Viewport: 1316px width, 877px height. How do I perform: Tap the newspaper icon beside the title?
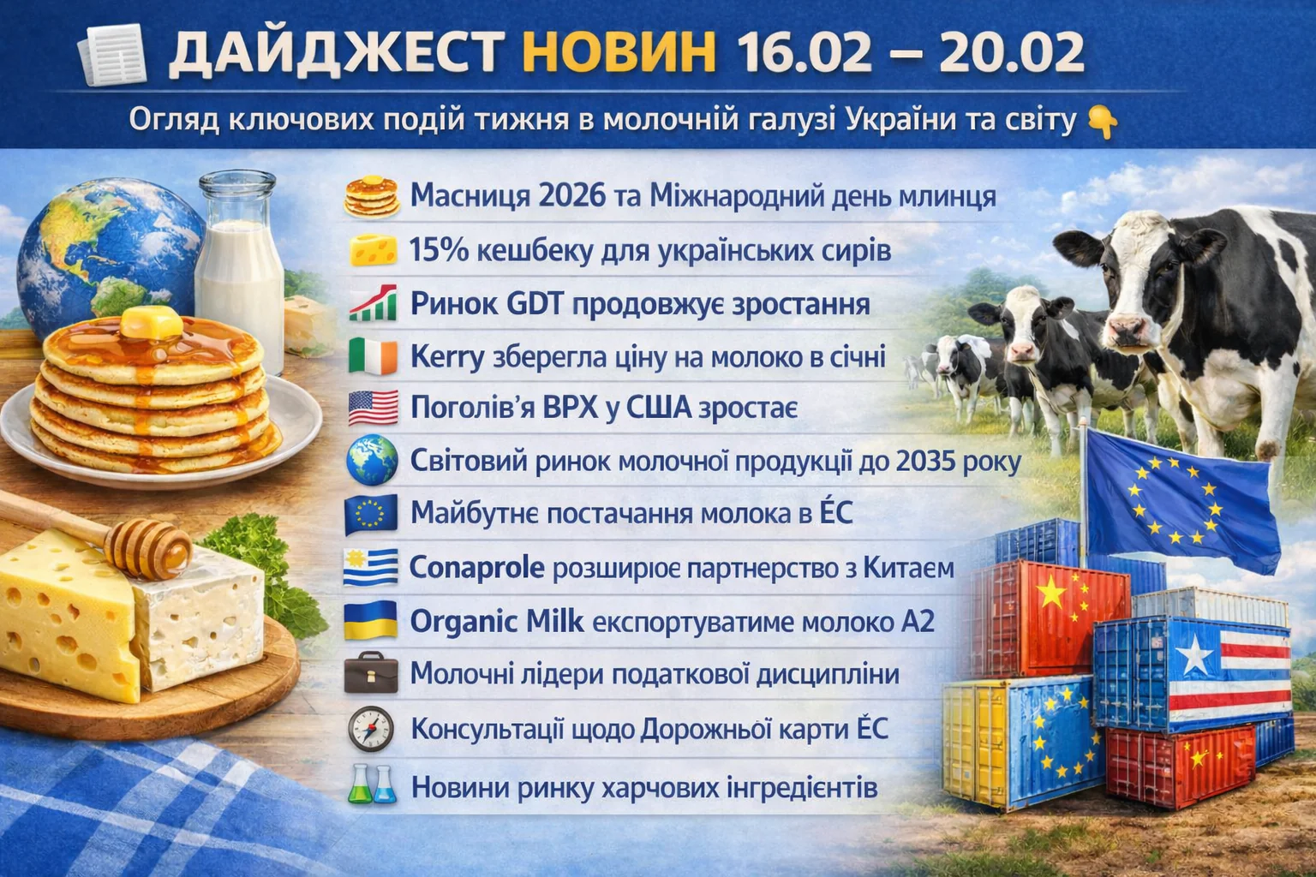(x=111, y=55)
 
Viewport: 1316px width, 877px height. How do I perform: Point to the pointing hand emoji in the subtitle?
(x=1102, y=122)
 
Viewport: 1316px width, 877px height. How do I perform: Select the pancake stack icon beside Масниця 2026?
(x=371, y=197)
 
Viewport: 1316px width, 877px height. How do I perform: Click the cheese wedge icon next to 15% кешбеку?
(x=373, y=252)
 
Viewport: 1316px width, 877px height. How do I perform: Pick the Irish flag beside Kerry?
(x=373, y=356)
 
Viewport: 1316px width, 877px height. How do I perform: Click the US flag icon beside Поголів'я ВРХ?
(x=373, y=408)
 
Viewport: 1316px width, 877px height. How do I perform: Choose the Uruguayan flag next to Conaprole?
(x=371, y=568)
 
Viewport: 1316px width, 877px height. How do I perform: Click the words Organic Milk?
(x=496, y=622)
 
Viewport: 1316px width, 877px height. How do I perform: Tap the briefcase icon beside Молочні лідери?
(x=371, y=673)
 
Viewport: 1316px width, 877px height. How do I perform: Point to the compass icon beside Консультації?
(x=370, y=729)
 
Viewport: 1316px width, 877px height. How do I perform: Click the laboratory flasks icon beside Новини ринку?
(x=372, y=785)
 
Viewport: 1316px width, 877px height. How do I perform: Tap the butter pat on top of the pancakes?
(x=150, y=323)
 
